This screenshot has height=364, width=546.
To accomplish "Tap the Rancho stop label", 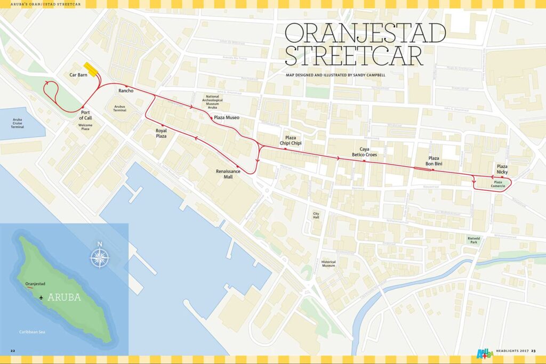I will tap(125, 91).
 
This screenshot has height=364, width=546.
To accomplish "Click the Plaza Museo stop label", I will tap(227, 117).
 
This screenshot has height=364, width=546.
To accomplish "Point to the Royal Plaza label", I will tap(161, 133).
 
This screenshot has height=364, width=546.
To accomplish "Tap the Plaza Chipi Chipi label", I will tap(291, 140).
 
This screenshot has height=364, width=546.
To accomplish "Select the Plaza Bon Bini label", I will tap(433, 161).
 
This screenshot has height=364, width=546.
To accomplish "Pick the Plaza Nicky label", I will tap(502, 169).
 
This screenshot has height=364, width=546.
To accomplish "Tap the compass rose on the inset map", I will tap(99, 256).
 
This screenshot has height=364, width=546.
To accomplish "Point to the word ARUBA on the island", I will tap(64, 297).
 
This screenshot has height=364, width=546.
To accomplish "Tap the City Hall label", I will tap(316, 215).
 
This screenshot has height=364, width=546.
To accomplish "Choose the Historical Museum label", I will tap(328, 263).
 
